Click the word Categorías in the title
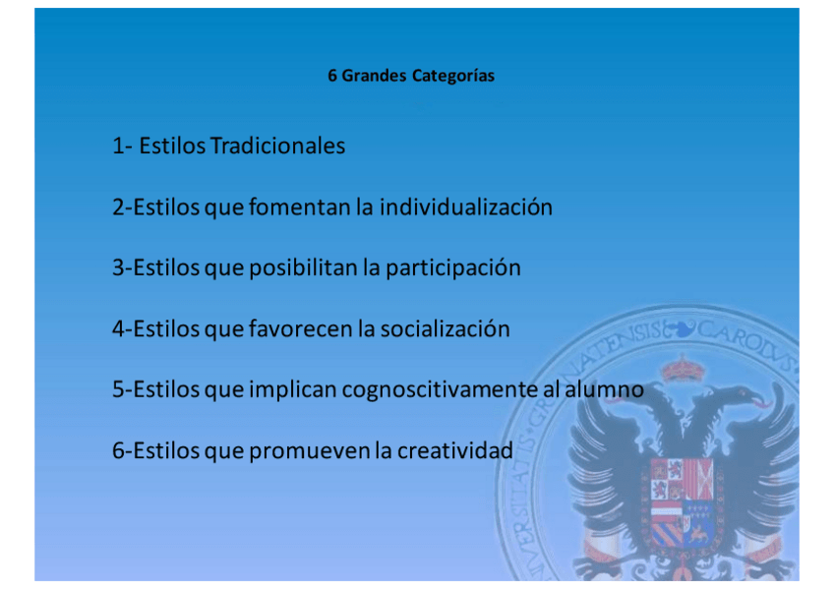pos(453,77)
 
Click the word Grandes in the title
pos(374,76)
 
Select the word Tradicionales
pos(277,146)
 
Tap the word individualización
pos(466,206)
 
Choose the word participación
pos(453,268)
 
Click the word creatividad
pos(455,450)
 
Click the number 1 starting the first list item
pos(118,147)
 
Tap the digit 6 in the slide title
pos(331,76)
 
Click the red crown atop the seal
pos(682,368)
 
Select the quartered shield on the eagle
pos(682,502)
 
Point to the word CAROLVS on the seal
pos(745,343)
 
